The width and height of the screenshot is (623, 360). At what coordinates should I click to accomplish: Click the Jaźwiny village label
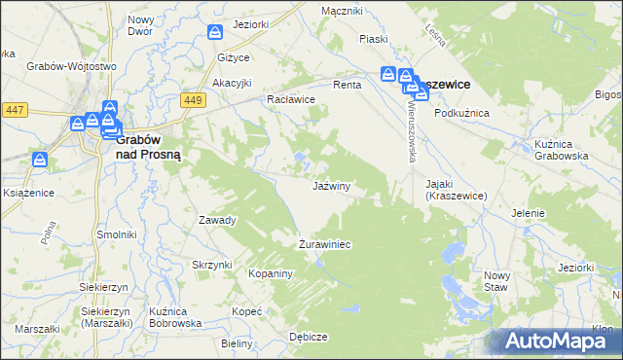(x=331, y=185)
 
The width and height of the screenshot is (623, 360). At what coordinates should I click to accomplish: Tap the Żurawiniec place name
(x=324, y=244)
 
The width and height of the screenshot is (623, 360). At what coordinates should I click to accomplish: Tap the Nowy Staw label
(x=496, y=281)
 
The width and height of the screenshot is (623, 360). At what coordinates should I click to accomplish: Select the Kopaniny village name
(x=272, y=274)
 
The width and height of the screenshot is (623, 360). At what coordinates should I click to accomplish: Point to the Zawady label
(x=218, y=220)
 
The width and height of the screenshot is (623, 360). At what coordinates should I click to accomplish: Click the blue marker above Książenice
(x=40, y=159)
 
